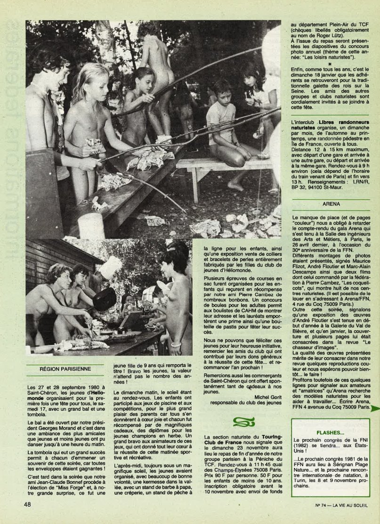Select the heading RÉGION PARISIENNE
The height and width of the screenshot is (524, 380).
59,369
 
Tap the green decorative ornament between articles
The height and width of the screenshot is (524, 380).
243,422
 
